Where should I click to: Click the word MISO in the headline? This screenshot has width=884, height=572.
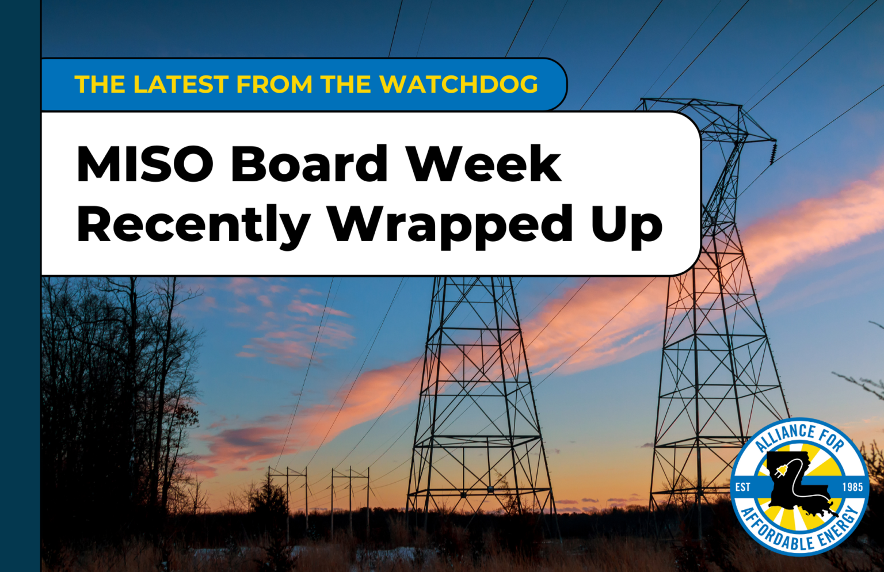click(144, 165)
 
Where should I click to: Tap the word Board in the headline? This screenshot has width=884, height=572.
click(310, 165)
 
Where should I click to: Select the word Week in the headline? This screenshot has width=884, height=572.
click(483, 165)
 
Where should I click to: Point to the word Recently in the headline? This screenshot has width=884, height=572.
click(193, 226)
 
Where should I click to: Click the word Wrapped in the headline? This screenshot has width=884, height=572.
click(450, 226)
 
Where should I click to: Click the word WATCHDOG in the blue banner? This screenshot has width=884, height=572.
click(459, 85)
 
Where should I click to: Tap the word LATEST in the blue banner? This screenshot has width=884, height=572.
click(181, 85)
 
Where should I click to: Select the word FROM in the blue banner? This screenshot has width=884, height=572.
click(275, 85)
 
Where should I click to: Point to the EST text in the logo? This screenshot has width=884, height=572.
click(743, 487)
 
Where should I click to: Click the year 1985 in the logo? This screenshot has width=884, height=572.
click(852, 487)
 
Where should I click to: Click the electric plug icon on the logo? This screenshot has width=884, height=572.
click(781, 472)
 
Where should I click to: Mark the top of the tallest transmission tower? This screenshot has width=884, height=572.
click(691, 102)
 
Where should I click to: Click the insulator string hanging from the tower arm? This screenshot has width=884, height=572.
click(773, 152)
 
